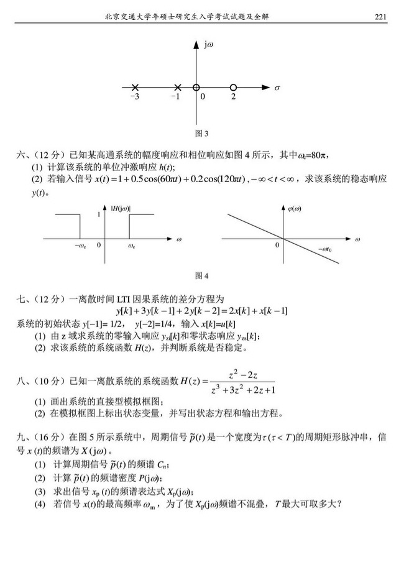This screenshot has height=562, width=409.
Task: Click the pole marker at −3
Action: pos(136,88)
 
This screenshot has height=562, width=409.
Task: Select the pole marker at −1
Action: pos(178,88)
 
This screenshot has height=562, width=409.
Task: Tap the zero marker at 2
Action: pos(233,88)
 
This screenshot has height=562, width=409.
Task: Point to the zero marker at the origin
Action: pos(196,88)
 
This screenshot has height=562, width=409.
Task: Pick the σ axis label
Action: pos(277,88)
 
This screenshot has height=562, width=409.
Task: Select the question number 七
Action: pos(20,300)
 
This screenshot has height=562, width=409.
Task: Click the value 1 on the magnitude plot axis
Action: pos(98,214)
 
